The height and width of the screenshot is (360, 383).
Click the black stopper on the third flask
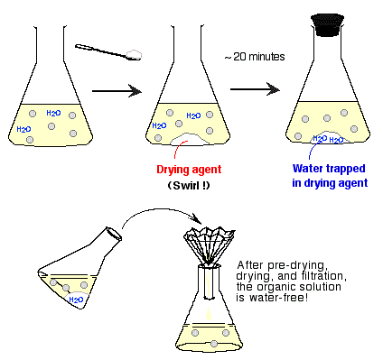pos(328,25)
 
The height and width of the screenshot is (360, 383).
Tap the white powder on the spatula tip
pos(134,54)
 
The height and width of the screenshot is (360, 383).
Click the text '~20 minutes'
pos(255,57)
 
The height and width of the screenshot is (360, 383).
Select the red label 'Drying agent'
pos(189,170)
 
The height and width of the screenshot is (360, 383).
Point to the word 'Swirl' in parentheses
pos(186,186)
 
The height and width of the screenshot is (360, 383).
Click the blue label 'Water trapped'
pos(329,169)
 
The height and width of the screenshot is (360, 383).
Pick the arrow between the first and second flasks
pos(117,91)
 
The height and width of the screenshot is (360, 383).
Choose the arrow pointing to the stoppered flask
pos(255,89)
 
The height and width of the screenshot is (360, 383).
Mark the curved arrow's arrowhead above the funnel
pos(197,218)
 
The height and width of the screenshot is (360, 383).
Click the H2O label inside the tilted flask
pos(76,300)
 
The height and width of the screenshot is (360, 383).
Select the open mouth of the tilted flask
pos(114,234)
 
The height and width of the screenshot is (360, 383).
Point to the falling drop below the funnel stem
pos(208,314)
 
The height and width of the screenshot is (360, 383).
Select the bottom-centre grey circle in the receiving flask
pos(214,344)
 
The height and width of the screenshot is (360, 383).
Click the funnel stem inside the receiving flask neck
pos(209,283)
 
